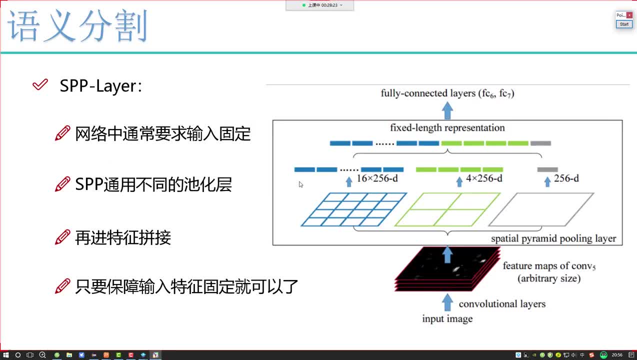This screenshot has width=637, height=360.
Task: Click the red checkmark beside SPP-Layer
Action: point(40,85)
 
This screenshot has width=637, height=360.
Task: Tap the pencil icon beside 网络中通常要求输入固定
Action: point(62,133)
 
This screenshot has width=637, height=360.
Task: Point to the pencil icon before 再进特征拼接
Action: point(62,237)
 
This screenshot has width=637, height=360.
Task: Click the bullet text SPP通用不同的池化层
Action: point(153,185)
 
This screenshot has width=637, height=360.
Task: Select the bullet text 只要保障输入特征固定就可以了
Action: point(186,286)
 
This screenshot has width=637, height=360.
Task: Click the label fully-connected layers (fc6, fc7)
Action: point(447,93)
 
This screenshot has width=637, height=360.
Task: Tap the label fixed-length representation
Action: point(447,128)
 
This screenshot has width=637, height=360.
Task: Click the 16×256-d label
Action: point(377,178)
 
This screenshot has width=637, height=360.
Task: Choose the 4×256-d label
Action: point(483,178)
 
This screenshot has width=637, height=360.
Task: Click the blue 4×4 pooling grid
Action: point(354,209)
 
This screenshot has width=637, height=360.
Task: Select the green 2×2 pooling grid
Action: point(447,209)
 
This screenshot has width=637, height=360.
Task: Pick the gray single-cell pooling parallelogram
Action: point(541,209)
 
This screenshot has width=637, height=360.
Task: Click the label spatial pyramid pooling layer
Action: point(553,238)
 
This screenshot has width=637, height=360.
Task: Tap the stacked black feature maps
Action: point(447,270)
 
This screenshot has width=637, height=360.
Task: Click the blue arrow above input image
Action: point(447,302)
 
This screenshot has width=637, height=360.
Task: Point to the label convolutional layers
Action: point(502,304)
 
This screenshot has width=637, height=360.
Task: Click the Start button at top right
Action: point(624,24)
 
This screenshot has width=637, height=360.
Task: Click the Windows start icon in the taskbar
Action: point(6,355)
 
